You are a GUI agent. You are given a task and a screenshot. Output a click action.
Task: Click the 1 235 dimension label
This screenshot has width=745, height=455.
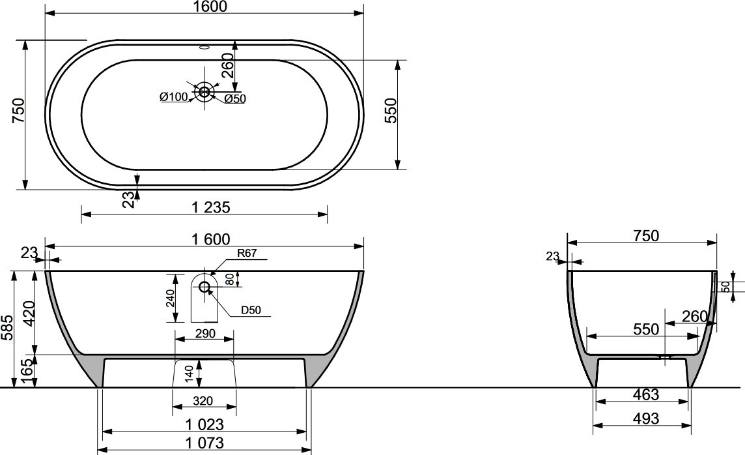click(x=211, y=207)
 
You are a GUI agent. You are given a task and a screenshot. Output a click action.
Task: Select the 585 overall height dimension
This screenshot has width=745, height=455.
click(x=7, y=328)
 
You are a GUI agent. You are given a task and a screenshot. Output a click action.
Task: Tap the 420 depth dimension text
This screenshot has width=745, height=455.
click(x=29, y=314)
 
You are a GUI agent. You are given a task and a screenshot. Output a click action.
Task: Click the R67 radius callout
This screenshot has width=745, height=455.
click(x=247, y=253)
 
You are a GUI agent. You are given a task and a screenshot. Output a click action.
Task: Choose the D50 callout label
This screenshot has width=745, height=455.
click(x=251, y=310)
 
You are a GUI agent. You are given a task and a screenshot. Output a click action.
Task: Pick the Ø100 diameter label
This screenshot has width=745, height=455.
click(x=174, y=97)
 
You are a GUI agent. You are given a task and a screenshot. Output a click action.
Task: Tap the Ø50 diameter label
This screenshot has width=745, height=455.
click(x=234, y=99)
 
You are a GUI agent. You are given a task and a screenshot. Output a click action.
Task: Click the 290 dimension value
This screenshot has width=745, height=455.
click(x=204, y=334)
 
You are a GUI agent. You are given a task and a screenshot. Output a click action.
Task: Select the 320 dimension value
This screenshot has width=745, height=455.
click(x=203, y=402)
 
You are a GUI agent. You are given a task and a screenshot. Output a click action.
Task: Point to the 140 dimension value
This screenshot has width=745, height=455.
click(x=190, y=374)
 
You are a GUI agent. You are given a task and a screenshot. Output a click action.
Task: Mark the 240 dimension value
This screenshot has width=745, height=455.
click(x=171, y=298)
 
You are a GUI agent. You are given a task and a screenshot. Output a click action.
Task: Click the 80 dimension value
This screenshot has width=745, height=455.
click(x=230, y=279)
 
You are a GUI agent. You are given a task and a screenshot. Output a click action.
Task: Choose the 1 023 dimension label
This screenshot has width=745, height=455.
click(x=204, y=424)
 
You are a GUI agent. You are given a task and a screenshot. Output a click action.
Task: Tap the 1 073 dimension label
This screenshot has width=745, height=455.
click(x=204, y=443)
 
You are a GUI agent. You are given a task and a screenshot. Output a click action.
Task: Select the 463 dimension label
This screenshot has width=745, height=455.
click(x=646, y=394)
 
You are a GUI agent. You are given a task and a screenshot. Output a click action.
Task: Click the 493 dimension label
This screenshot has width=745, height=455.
click(x=646, y=418)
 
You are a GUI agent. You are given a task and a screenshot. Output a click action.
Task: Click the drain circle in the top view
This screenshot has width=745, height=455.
click(x=204, y=91)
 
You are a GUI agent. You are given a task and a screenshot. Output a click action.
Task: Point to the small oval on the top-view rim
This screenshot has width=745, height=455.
click(x=204, y=47)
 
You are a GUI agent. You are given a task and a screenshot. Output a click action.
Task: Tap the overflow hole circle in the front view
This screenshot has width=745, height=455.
click(x=204, y=287)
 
